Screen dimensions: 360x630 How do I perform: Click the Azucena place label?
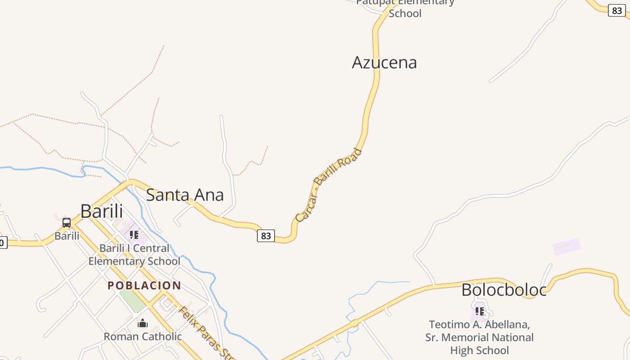(384, 63)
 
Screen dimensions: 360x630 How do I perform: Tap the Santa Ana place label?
(185, 195)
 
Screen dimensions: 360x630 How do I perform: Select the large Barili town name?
(102, 211)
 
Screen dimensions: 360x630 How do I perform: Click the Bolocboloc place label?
(504, 290)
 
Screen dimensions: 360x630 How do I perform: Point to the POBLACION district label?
(144, 286)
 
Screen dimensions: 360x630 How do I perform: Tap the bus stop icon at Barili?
(67, 222)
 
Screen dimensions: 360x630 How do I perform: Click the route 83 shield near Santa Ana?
(266, 235)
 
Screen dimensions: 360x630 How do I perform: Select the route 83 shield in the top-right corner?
(616, 10)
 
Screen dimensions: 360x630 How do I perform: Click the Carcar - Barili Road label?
(328, 185)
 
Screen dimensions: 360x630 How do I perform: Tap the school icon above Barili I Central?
(134, 234)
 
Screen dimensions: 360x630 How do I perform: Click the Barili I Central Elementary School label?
(134, 255)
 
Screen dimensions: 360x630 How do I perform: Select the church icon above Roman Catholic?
(143, 323)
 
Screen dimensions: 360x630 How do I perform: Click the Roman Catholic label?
(143, 337)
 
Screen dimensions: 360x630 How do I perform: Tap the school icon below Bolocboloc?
(480, 311)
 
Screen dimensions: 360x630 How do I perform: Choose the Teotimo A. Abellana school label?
(480, 337)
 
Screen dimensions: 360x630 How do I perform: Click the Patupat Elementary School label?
(405, 8)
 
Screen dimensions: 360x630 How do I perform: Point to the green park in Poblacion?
(133, 300)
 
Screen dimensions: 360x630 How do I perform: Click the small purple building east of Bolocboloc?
(567, 247)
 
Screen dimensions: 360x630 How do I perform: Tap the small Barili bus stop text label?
(67, 236)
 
